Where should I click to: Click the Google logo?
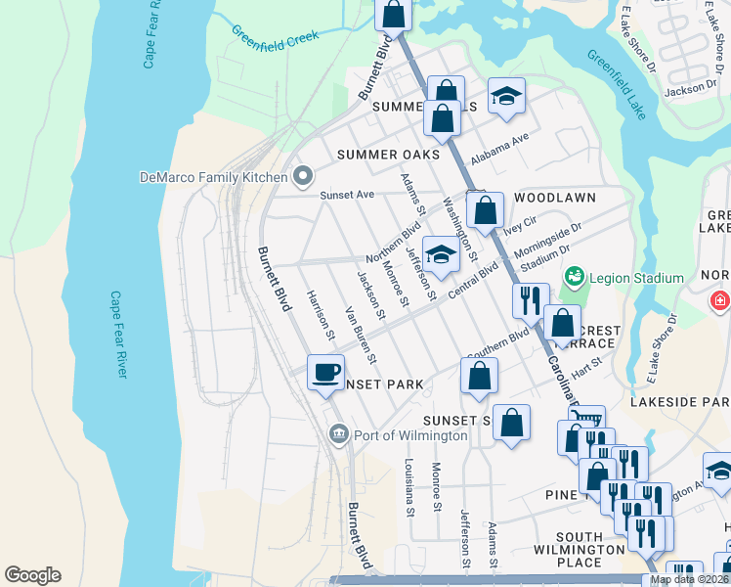click(x=32, y=575)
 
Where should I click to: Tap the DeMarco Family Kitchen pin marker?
click(x=303, y=176)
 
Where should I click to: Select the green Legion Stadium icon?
click(x=574, y=278)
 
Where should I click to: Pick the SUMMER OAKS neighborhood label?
click(x=388, y=155)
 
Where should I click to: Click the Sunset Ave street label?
click(x=348, y=195)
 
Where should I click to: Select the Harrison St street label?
click(x=320, y=315)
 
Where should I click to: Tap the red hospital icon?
click(x=721, y=300)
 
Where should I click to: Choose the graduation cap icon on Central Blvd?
click(x=442, y=255)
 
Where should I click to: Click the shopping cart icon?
click(x=586, y=422)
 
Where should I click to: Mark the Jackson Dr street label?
click(x=690, y=88)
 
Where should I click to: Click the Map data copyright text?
click(x=690, y=579)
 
